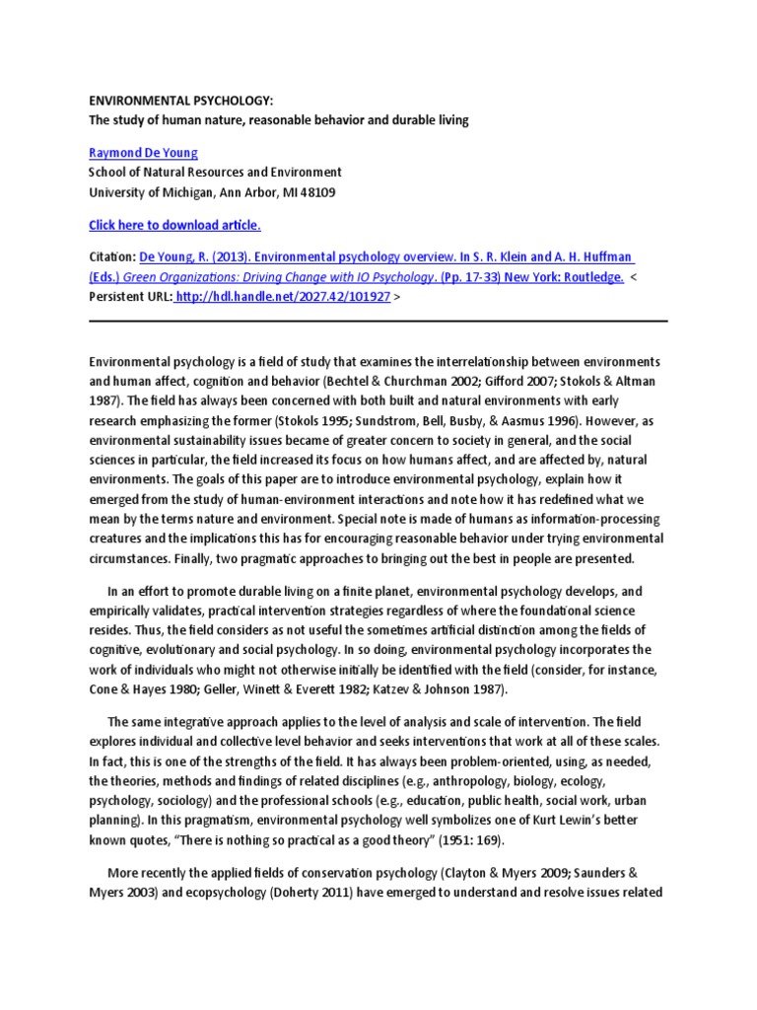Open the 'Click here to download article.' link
pos(174,225)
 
